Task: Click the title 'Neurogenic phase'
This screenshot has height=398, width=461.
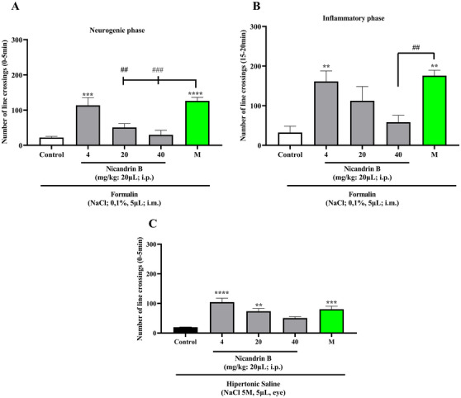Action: click(x=114, y=28)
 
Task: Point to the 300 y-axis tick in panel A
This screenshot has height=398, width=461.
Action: click(x=26, y=40)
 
